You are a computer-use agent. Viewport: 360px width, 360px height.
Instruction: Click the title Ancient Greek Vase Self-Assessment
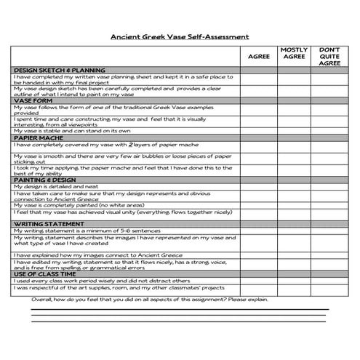pyautogui.click(x=179, y=36)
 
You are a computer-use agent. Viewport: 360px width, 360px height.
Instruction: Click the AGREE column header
pyautogui.click(x=258, y=56)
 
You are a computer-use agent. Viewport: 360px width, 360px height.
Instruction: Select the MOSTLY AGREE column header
pyautogui.click(x=294, y=53)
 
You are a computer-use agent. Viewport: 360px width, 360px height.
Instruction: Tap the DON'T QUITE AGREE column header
pyautogui.click(x=329, y=57)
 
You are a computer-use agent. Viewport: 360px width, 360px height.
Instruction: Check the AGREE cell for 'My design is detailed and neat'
pyautogui.click(x=258, y=186)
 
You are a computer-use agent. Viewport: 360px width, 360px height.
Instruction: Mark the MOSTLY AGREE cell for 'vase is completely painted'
pyautogui.click(x=294, y=205)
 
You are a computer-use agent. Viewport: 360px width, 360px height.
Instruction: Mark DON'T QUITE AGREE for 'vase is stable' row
pyautogui.click(x=329, y=131)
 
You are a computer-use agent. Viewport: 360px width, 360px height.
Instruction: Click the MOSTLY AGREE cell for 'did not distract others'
pyautogui.click(x=294, y=280)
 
